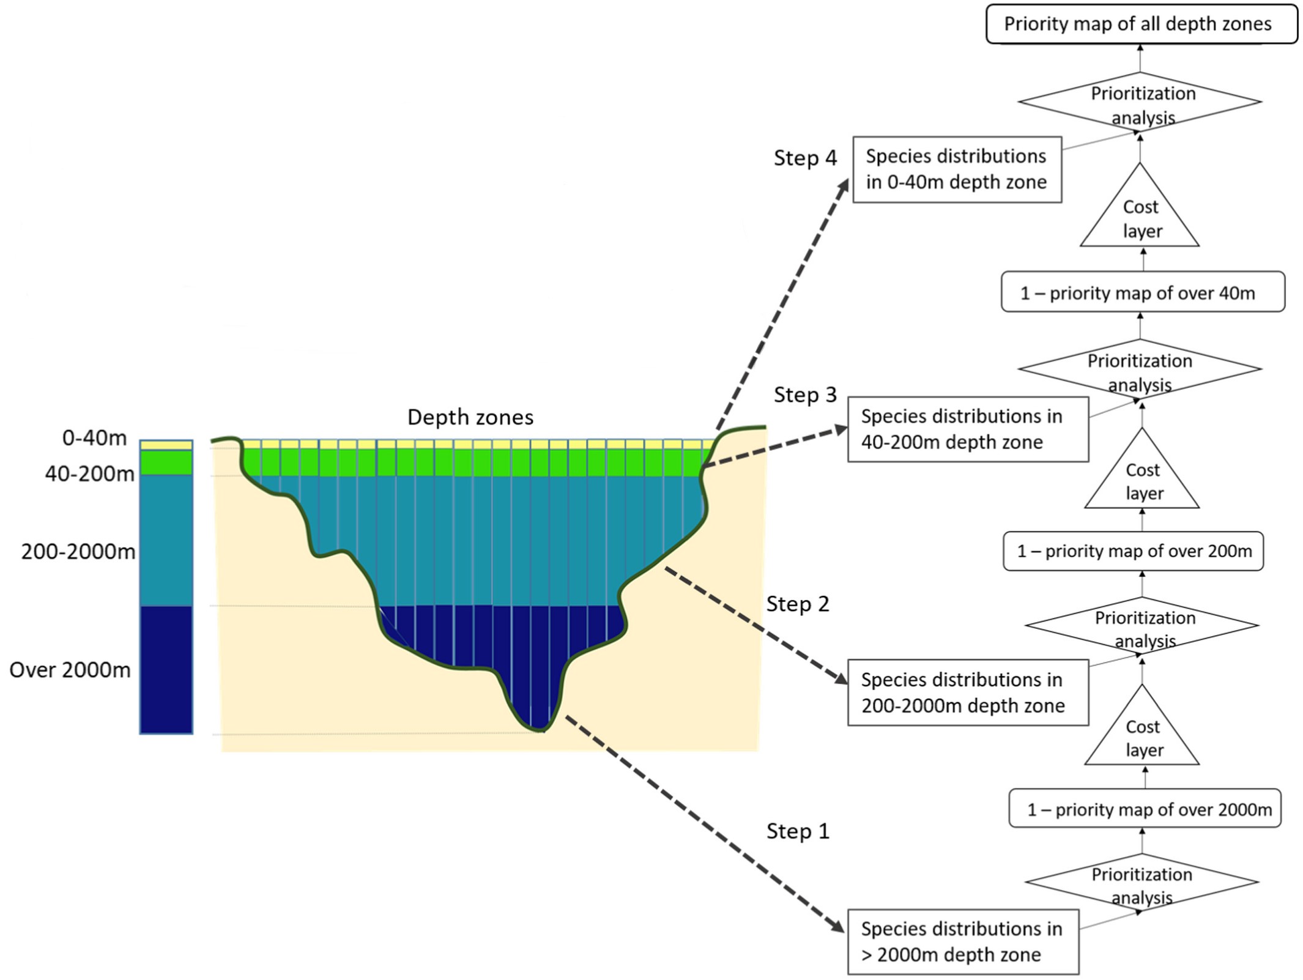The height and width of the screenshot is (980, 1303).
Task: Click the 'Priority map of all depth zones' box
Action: tap(1142, 24)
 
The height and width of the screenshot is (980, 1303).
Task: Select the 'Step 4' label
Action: tap(805, 158)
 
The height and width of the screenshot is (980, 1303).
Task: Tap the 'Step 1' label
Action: tap(798, 831)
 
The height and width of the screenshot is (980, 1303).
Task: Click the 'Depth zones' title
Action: tap(470, 417)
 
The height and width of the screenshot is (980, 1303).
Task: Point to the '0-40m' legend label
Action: tap(94, 438)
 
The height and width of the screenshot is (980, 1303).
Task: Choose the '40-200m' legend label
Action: tap(89, 473)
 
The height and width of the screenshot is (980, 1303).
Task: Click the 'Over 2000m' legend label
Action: tap(70, 670)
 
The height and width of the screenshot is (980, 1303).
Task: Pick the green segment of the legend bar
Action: tap(166, 462)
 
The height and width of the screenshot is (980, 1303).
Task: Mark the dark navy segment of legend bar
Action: tap(166, 669)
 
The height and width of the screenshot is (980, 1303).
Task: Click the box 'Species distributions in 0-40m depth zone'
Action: tap(957, 169)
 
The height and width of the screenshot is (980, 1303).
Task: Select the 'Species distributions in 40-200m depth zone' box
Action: tap(968, 429)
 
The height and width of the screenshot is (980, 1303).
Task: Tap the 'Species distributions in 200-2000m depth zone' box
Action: tap(968, 692)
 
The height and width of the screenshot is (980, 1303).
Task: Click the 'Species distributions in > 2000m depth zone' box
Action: tap(963, 941)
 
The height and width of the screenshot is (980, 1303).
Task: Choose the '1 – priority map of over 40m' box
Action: tap(1142, 292)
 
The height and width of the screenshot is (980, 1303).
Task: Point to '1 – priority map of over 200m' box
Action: tap(1133, 551)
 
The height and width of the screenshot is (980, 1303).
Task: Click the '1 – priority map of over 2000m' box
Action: tap(1145, 809)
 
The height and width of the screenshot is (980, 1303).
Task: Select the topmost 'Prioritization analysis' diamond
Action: tap(1140, 102)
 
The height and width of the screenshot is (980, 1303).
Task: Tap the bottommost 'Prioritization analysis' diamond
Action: tap(1142, 883)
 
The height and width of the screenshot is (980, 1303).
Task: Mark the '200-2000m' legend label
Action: tap(78, 552)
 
